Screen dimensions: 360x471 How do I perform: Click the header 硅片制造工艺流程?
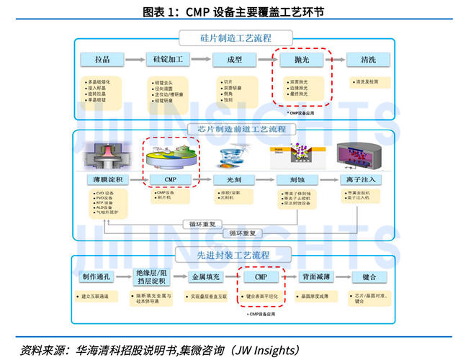point(235,38)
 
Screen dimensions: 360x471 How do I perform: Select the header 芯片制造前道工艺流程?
point(235,130)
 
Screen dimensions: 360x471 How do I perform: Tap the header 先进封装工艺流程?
point(235,255)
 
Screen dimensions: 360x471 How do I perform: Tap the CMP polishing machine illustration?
point(171,155)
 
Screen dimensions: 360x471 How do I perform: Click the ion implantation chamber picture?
point(359,153)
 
